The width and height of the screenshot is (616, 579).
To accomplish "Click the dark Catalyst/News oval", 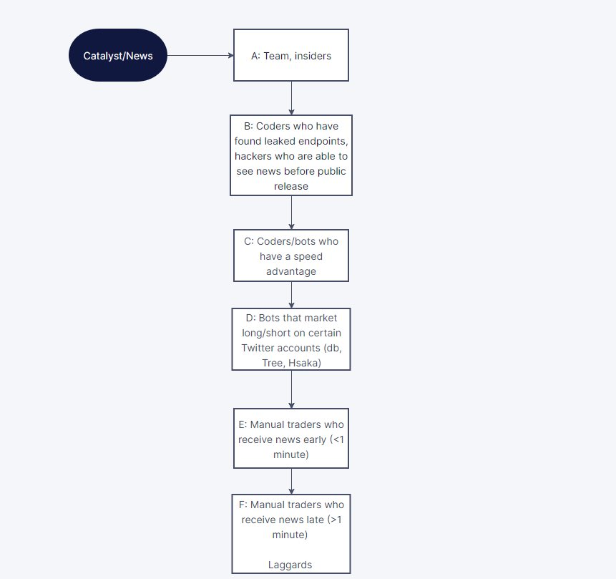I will (x=117, y=55).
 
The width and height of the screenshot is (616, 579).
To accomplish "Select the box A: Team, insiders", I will (x=290, y=55).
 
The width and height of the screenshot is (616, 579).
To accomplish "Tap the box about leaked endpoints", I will (x=290, y=155).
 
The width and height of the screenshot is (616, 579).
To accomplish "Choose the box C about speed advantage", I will (x=290, y=256).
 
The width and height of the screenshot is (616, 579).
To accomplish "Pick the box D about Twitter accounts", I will (x=290, y=339).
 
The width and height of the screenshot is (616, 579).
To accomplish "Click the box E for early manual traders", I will (x=290, y=439).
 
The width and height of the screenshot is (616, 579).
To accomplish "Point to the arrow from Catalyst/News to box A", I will (x=200, y=55).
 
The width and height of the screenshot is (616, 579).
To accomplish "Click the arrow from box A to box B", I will (x=291, y=98).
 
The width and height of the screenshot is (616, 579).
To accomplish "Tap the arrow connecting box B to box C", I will (x=291, y=212).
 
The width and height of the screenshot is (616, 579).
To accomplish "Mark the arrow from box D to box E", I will (x=291, y=389).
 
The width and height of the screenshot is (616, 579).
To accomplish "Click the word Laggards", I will (x=290, y=565).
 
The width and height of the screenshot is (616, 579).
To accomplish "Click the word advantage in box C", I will (x=291, y=271).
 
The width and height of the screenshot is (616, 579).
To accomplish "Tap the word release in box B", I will (x=291, y=186).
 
